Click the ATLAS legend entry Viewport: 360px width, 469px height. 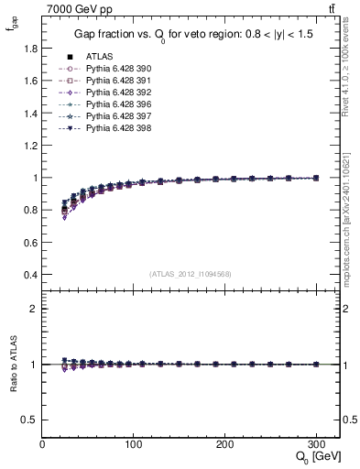coord(99,56)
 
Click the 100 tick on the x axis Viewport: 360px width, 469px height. coord(134,443)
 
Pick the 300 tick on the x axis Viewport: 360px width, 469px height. coord(316,443)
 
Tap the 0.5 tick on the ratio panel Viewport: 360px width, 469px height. coord(29,420)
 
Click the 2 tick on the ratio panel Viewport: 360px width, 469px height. coord(34,309)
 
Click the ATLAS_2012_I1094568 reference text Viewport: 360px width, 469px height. coord(191,274)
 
